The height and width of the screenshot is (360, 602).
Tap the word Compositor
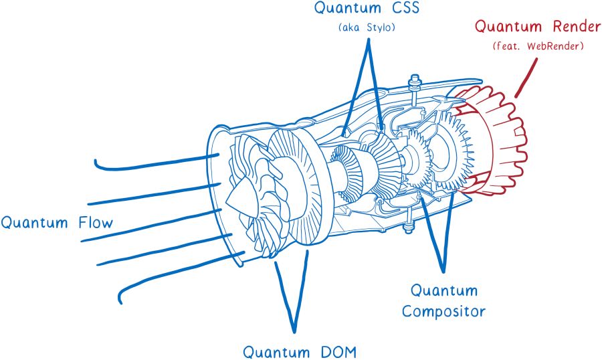click(443, 311)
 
